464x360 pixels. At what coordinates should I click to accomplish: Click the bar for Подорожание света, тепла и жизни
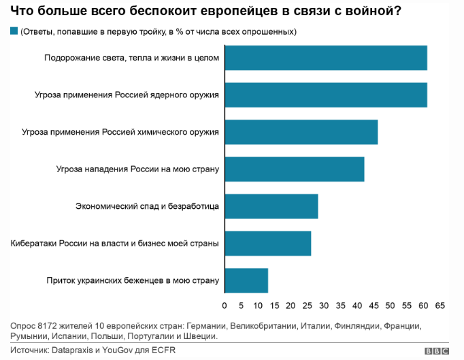click(x=325, y=58)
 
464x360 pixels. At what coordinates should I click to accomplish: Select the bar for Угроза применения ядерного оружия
click(x=325, y=95)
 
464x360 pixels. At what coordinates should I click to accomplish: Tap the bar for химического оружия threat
click(x=301, y=131)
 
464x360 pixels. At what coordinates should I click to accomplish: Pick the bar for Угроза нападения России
click(x=294, y=169)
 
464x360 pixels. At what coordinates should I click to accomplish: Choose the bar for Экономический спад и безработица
click(x=271, y=206)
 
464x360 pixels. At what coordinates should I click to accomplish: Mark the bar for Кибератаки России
click(x=267, y=243)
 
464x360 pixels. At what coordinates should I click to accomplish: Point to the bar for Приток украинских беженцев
click(x=246, y=280)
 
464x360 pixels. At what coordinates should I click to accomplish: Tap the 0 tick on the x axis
click(x=225, y=304)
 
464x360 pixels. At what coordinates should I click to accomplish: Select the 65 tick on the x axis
click(x=440, y=304)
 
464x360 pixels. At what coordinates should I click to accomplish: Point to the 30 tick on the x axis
click(x=324, y=304)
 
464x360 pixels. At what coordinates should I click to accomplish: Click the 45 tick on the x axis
click(x=374, y=304)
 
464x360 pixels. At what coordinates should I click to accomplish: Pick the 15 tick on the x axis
click(x=274, y=304)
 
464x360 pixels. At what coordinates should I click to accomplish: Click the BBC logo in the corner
click(x=437, y=351)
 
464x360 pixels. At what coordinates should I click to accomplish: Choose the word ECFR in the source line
click(x=171, y=350)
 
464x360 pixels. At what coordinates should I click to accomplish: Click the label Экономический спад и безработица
click(x=147, y=206)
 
